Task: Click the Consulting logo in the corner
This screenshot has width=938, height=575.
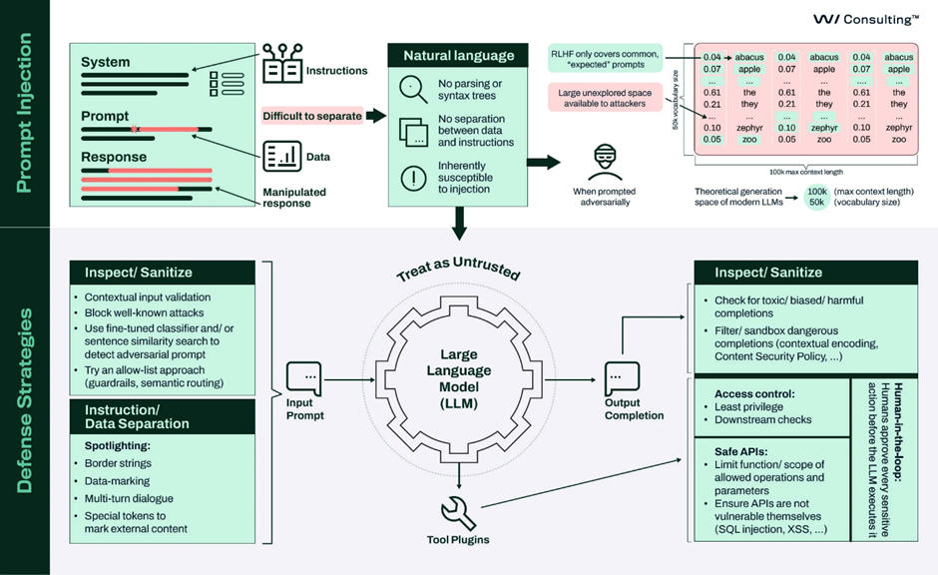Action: pyautogui.click(x=865, y=19)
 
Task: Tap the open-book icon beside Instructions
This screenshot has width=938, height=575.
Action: pyautogui.click(x=282, y=64)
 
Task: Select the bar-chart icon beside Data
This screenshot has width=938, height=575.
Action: pyautogui.click(x=281, y=157)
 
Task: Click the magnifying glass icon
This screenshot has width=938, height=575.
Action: pyautogui.click(x=413, y=89)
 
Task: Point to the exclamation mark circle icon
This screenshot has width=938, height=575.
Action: pyautogui.click(x=413, y=178)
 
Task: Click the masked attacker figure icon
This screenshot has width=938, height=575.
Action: pyautogui.click(x=605, y=162)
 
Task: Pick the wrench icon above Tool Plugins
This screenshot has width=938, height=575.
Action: pyautogui.click(x=458, y=513)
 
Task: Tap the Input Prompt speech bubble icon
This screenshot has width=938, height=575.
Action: pyautogui.click(x=304, y=378)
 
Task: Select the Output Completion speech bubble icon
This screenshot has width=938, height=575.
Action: pyautogui.click(x=622, y=378)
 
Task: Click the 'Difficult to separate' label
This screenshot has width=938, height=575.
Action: pyautogui.click(x=312, y=116)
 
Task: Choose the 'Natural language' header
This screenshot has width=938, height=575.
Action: pyautogui.click(x=458, y=55)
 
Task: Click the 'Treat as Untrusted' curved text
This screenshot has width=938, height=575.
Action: pyautogui.click(x=458, y=269)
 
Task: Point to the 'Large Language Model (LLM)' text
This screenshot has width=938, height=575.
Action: pyautogui.click(x=459, y=378)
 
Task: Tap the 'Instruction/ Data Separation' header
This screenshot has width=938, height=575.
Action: pyautogui.click(x=137, y=417)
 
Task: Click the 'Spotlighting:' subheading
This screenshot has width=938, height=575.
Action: pyautogui.click(x=118, y=446)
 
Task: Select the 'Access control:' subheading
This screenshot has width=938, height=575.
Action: pyautogui.click(x=754, y=393)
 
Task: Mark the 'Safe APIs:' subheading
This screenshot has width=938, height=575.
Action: pyautogui.click(x=740, y=452)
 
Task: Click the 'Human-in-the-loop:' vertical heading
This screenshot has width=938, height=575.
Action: pyautogui.click(x=898, y=432)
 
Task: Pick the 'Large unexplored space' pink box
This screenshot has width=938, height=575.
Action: pyautogui.click(x=605, y=98)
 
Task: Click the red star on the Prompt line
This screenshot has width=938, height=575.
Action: pyautogui.click(x=135, y=129)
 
